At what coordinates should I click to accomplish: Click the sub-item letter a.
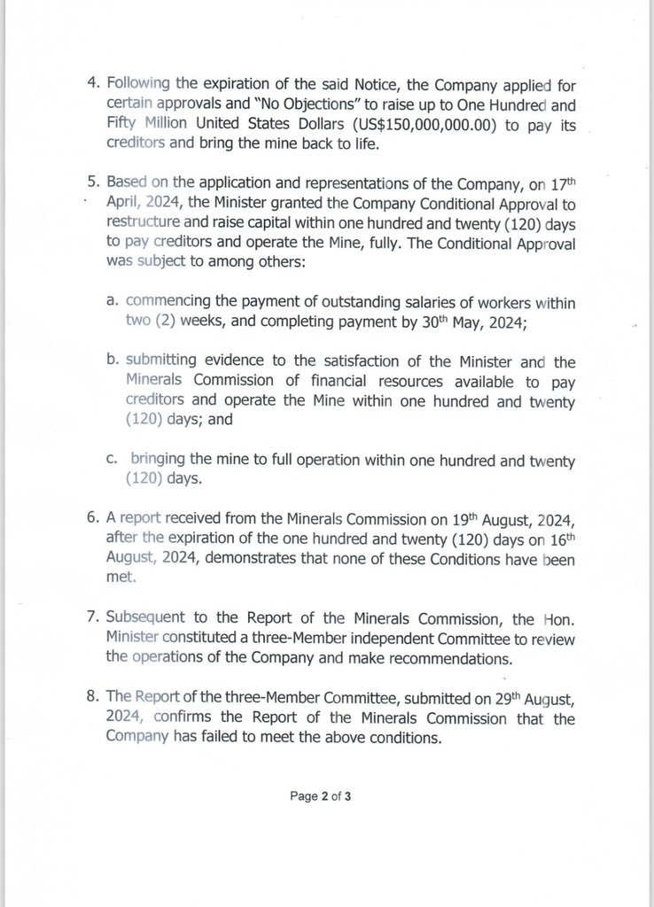(x=113, y=304)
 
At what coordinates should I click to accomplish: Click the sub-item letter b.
(x=113, y=361)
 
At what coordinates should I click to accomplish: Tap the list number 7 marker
(x=92, y=616)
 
